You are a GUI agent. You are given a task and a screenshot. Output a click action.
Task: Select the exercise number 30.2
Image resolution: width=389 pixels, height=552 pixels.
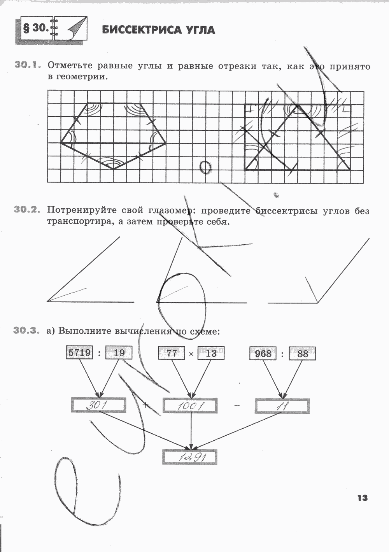tap(27, 210)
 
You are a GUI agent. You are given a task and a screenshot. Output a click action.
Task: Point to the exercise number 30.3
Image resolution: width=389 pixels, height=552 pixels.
tap(27, 331)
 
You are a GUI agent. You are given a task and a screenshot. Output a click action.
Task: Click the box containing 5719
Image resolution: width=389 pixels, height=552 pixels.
tap(79, 353)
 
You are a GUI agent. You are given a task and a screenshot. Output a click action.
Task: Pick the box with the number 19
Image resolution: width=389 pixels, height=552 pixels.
tap(119, 353)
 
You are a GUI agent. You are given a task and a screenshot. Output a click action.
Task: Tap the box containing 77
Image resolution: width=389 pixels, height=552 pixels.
tap(171, 353)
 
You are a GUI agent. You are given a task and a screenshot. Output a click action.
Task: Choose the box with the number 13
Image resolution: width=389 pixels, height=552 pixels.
tap(211, 353)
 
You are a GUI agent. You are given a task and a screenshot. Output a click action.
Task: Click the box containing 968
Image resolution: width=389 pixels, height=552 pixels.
tap(263, 353)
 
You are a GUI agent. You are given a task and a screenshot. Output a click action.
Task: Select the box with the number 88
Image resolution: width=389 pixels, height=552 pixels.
tap(302, 353)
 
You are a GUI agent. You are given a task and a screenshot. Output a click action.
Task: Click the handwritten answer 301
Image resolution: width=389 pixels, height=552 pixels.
tap(98, 405)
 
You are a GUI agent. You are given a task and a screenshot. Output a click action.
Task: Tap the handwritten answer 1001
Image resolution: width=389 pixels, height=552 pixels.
tap(190, 406)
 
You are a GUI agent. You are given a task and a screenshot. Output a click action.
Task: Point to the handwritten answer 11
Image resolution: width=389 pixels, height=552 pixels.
tap(282, 406)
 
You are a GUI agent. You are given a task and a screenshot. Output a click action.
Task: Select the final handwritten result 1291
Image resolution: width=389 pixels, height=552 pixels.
tap(189, 457)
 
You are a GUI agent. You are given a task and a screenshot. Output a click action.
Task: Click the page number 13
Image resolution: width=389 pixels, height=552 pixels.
tap(362, 498)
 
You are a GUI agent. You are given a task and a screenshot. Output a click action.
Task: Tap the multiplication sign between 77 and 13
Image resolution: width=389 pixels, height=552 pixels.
tap(191, 354)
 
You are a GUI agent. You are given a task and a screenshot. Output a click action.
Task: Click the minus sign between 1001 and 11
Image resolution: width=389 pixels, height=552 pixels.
tap(237, 406)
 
